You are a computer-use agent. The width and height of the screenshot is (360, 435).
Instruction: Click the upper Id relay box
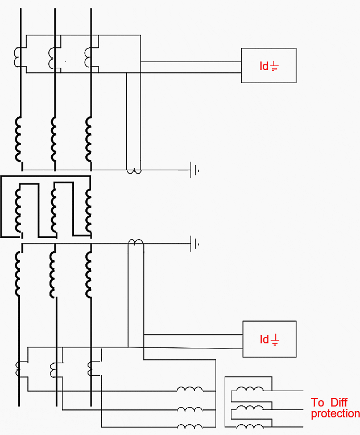click(268, 65)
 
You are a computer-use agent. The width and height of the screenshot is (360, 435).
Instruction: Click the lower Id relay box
click(269, 339)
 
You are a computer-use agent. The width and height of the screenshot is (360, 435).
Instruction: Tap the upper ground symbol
click(195, 170)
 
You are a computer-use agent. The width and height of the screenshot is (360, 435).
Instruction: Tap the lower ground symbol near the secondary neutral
click(195, 244)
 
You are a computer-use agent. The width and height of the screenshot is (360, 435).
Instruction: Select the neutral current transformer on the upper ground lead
click(134, 171)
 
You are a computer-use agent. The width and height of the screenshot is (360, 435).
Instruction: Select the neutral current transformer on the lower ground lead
click(135, 243)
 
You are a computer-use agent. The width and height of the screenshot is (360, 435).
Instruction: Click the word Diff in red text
click(337, 403)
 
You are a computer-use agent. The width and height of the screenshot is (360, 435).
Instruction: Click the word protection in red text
click(335, 414)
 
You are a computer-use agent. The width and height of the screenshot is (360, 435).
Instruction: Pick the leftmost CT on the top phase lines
click(18, 55)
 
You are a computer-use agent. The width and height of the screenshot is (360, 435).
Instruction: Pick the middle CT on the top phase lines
click(53, 56)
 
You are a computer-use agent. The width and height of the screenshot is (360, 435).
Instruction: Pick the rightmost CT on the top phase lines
click(88, 55)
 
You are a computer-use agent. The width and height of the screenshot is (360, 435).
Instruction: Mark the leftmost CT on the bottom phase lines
click(18, 369)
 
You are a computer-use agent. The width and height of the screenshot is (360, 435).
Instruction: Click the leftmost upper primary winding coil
click(18, 139)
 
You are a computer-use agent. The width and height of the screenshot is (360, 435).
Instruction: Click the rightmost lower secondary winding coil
click(89, 275)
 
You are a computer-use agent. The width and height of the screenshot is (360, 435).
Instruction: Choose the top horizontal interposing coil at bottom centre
click(189, 390)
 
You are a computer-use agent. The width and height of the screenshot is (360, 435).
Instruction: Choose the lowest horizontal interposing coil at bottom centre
click(189, 428)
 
